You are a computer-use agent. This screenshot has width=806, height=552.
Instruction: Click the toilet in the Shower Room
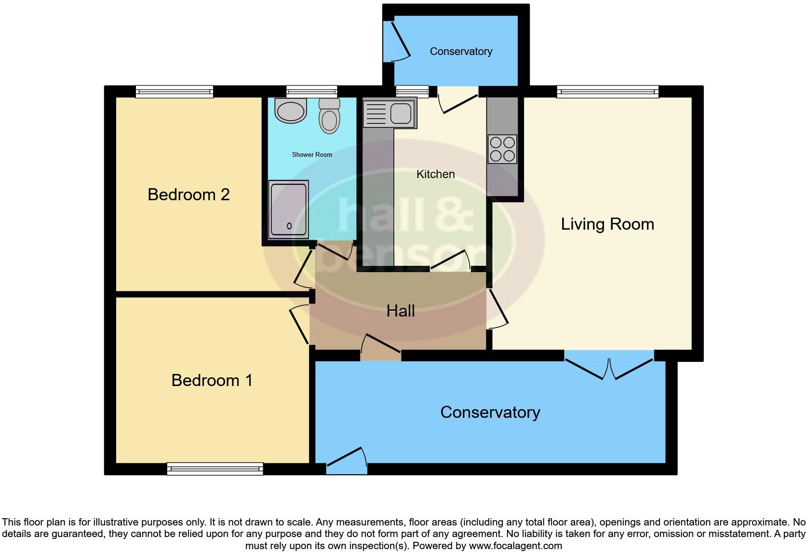(x=329, y=116)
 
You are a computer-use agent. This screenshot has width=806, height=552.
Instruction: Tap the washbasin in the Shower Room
(x=290, y=110)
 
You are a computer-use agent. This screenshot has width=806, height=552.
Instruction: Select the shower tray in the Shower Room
(x=289, y=209)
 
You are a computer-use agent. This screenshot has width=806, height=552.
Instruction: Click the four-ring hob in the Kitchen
(x=502, y=149)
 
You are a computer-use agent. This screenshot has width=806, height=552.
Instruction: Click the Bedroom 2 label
(x=188, y=195)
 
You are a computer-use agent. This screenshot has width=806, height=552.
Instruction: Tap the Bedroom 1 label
(x=212, y=380)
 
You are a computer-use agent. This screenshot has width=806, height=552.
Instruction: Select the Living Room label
(x=607, y=224)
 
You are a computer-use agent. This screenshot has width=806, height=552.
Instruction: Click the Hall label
(x=401, y=311)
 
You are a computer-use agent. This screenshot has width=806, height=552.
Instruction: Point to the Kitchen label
(x=435, y=174)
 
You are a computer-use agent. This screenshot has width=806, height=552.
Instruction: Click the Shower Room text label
(x=312, y=154)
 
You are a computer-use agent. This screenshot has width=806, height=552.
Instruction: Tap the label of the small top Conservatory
(x=461, y=52)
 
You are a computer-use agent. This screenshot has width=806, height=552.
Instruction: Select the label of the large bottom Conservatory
(x=490, y=413)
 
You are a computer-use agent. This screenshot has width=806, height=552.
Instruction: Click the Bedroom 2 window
(x=175, y=92)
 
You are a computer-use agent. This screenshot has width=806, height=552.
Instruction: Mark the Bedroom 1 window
(x=215, y=469)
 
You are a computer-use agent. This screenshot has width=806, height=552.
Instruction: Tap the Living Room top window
(x=608, y=92)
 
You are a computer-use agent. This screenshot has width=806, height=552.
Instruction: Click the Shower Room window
(x=311, y=92)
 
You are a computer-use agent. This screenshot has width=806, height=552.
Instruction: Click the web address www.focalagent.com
(x=515, y=546)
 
